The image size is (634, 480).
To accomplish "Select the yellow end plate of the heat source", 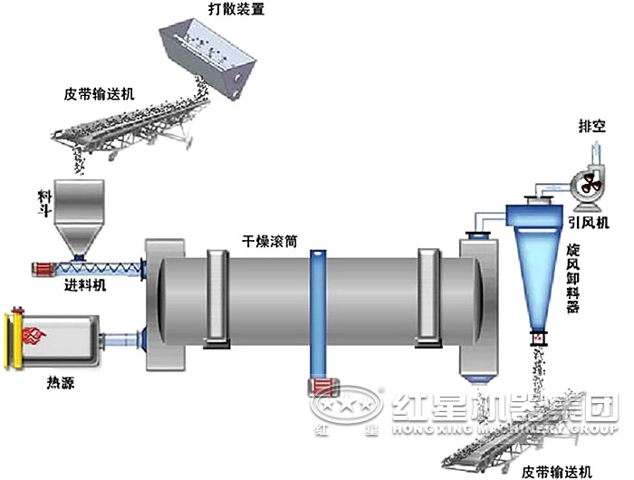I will [13, 342].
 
